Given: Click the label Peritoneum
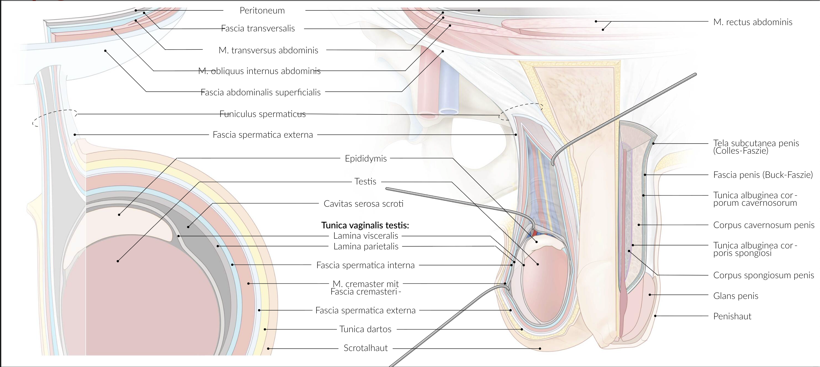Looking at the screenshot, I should click(x=262, y=10).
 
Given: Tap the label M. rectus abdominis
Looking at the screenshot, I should click(x=753, y=22).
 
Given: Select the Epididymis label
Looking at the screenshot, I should click(x=365, y=158).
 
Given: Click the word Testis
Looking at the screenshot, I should click(x=365, y=181).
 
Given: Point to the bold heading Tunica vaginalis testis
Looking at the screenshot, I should click(x=365, y=225).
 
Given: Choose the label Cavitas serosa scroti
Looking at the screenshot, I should click(x=363, y=204).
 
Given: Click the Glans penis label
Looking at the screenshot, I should click(x=735, y=296).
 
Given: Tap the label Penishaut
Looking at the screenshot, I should click(x=732, y=316).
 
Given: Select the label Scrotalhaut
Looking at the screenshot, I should click(x=365, y=348).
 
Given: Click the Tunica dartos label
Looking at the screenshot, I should click(x=365, y=329).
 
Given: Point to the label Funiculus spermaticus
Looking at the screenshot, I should click(x=262, y=114).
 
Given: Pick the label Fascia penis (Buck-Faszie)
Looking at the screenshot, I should click(x=763, y=175).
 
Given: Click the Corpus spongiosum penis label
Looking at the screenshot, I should click(x=763, y=275).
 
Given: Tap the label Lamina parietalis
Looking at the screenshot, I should click(x=365, y=246).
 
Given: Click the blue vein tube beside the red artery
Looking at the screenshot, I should click(x=448, y=86).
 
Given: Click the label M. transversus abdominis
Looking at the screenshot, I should click(x=268, y=50).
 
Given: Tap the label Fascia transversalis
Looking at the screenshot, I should click(x=258, y=28).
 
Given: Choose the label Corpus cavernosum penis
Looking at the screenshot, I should click(x=763, y=225).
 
